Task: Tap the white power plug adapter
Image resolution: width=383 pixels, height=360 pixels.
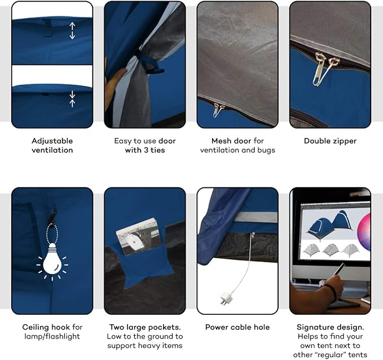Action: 224,299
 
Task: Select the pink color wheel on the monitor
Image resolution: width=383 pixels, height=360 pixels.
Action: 364,232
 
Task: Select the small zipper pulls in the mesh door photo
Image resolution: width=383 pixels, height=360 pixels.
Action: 218,109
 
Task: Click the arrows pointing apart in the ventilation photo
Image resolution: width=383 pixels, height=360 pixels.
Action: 72,30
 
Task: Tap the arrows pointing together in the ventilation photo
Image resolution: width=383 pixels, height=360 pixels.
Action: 72,99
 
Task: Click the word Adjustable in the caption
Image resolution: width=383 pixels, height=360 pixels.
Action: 52,141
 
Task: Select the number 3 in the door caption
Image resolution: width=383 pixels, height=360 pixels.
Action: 146,150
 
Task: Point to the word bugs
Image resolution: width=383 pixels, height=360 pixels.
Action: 266,151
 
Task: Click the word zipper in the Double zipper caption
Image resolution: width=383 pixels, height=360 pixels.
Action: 344,141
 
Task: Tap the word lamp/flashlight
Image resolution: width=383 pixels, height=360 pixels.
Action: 52,336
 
